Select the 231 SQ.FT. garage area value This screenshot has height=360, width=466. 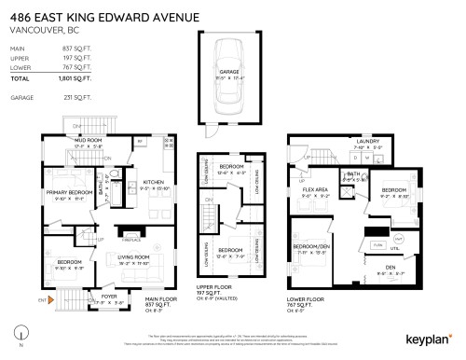(75, 97)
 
